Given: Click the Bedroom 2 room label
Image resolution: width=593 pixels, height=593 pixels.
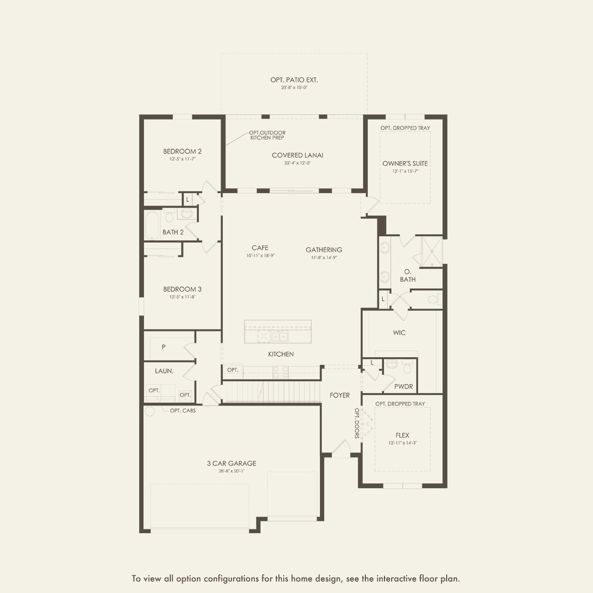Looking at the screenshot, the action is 182,152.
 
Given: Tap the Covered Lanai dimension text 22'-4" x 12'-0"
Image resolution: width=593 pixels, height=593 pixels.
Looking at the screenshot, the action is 297,163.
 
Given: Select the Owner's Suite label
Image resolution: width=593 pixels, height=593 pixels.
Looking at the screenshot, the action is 405,164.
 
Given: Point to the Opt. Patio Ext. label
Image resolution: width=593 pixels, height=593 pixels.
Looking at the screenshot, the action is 294,80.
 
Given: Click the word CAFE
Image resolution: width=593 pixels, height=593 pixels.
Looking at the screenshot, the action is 260,248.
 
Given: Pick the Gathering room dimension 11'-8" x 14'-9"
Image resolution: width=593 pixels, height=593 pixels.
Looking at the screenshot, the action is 324,258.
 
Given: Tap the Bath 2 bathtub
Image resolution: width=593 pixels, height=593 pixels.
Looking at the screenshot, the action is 152,225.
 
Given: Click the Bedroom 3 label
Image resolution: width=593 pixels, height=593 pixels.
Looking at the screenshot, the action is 182,289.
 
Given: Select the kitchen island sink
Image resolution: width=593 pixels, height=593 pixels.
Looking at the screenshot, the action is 279,336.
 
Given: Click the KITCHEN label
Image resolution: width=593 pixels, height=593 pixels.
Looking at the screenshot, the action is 281,354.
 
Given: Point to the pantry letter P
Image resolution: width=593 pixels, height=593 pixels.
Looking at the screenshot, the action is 164,347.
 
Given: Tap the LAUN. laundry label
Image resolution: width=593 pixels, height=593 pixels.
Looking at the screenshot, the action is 164,371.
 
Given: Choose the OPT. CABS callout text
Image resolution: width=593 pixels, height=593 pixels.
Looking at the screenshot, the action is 183,410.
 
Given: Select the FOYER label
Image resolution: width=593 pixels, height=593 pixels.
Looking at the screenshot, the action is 340,395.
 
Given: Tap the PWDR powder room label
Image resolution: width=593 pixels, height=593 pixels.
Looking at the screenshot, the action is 404,386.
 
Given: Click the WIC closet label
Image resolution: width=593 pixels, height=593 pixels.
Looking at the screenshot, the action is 399,333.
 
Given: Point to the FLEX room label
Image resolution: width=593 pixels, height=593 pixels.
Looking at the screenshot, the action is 403,436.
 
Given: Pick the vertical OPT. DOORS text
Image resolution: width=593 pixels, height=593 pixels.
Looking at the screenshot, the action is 357,423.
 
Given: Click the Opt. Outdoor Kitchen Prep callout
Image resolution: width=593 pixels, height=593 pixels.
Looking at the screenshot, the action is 267,135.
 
